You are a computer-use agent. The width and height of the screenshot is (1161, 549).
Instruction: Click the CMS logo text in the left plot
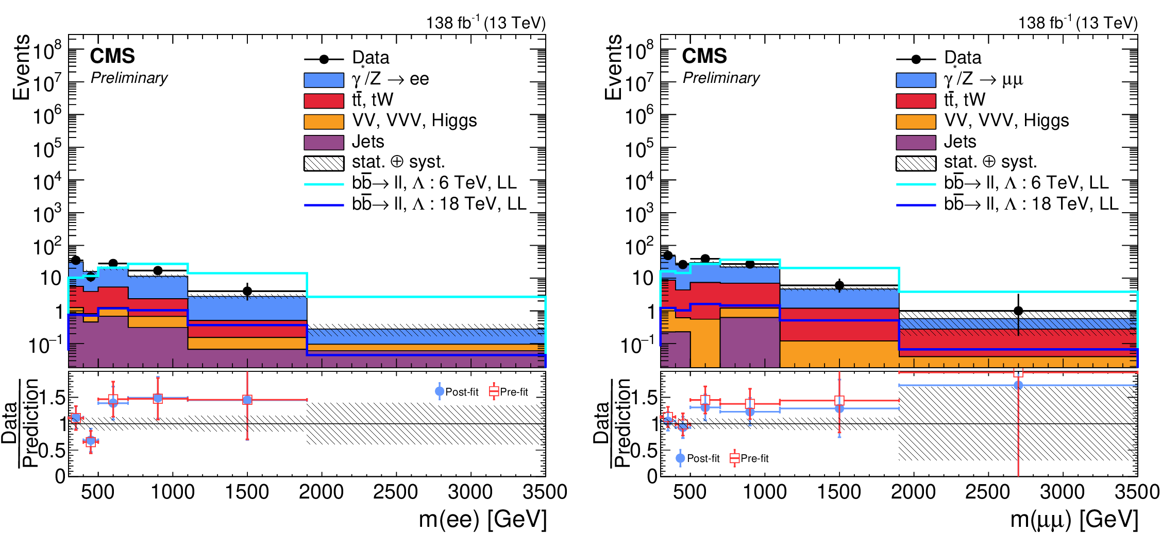[112, 56]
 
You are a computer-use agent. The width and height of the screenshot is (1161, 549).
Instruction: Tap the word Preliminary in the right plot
[721, 78]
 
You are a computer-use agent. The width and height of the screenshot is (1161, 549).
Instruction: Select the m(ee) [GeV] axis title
[482, 519]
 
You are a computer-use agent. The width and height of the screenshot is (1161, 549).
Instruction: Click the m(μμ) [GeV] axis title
[1074, 519]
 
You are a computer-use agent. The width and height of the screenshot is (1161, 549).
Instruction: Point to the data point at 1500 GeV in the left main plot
[247, 291]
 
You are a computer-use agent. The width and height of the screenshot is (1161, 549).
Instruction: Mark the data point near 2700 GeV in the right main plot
[1018, 311]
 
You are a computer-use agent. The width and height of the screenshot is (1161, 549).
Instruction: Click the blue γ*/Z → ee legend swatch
[324, 80]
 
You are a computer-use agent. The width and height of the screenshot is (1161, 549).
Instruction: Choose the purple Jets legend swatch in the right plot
[916, 142]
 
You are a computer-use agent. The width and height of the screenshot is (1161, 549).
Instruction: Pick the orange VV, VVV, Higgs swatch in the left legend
[324, 122]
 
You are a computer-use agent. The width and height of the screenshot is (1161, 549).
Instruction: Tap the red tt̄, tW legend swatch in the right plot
[916, 100]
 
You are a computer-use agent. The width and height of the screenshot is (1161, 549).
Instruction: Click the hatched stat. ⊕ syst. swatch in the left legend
[324, 163]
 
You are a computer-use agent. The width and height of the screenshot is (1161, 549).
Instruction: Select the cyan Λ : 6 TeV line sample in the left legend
[324, 184]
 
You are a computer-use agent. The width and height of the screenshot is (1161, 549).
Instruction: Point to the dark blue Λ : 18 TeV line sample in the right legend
[916, 205]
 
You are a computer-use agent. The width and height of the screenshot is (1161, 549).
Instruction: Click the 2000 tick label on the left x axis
[321, 492]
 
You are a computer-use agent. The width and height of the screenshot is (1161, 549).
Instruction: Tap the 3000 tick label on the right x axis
[1062, 492]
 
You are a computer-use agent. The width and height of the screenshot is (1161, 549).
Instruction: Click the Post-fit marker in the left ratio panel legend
[440, 391]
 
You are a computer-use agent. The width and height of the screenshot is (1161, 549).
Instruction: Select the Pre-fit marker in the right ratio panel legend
[735, 458]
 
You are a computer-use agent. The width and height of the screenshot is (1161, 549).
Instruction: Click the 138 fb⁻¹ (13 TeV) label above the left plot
[485, 23]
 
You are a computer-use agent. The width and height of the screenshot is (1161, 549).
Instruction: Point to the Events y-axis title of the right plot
[613, 67]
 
